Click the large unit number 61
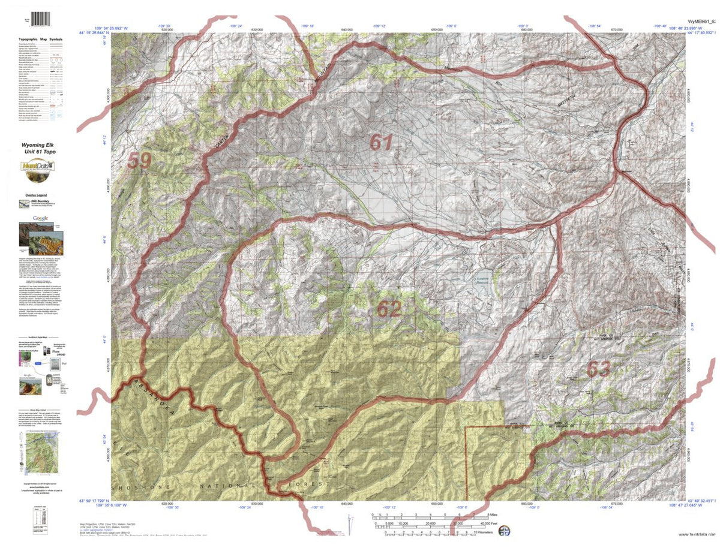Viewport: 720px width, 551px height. click(x=381, y=143)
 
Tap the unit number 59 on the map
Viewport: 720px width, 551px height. click(x=139, y=161)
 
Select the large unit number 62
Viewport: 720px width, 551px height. click(x=389, y=308)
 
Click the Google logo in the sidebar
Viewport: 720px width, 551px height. click(x=41, y=218)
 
